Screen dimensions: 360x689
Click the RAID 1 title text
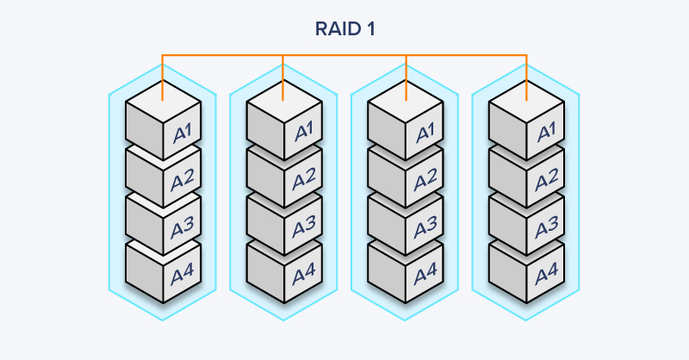coord(344,29)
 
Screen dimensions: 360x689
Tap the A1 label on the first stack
coord(183,133)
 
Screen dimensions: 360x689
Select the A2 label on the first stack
coord(183,181)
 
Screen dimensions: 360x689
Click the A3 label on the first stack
coord(183,228)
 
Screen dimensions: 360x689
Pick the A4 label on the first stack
coord(183,276)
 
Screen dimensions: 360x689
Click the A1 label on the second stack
coord(304,133)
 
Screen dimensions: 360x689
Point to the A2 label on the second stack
coord(304,181)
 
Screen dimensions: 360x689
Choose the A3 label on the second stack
coord(304,228)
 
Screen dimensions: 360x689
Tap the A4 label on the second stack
coord(304,276)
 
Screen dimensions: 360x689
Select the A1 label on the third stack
coord(425,133)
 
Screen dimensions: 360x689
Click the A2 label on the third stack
coord(425,181)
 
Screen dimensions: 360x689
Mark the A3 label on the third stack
coord(425,228)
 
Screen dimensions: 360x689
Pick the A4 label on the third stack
coord(425,276)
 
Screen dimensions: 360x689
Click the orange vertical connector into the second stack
coord(283,73)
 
